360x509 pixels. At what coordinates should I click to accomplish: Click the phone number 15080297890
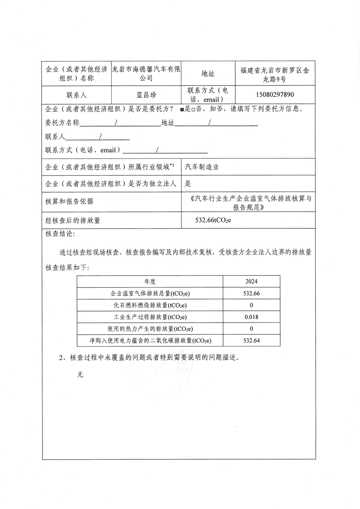[x=275, y=95]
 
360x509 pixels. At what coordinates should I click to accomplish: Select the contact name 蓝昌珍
[x=146, y=95]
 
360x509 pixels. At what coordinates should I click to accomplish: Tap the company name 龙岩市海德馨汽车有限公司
[x=146, y=73]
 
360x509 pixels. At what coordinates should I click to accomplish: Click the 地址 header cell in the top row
[x=208, y=74]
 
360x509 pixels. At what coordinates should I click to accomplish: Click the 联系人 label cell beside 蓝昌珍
[x=76, y=95]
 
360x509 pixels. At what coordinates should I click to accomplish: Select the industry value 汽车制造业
[x=202, y=167]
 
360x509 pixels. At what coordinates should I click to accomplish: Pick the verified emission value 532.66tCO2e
[x=213, y=220]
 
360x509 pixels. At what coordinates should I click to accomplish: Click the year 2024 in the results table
[x=251, y=281]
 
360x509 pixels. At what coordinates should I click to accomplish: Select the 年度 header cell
[x=150, y=281]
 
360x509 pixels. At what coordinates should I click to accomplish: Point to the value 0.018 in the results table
[x=251, y=317]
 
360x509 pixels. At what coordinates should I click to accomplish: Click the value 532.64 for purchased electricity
[x=251, y=341]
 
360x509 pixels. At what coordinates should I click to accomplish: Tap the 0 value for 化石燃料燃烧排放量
[x=251, y=305]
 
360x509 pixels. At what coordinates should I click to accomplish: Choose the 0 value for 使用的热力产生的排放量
[x=251, y=329]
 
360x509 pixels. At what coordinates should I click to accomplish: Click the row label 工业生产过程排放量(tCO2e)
[x=150, y=317]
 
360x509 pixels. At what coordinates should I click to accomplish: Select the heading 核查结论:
[x=60, y=234]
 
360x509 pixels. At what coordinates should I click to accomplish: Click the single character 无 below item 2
[x=80, y=375]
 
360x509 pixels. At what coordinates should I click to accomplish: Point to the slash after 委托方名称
[x=116, y=123]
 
